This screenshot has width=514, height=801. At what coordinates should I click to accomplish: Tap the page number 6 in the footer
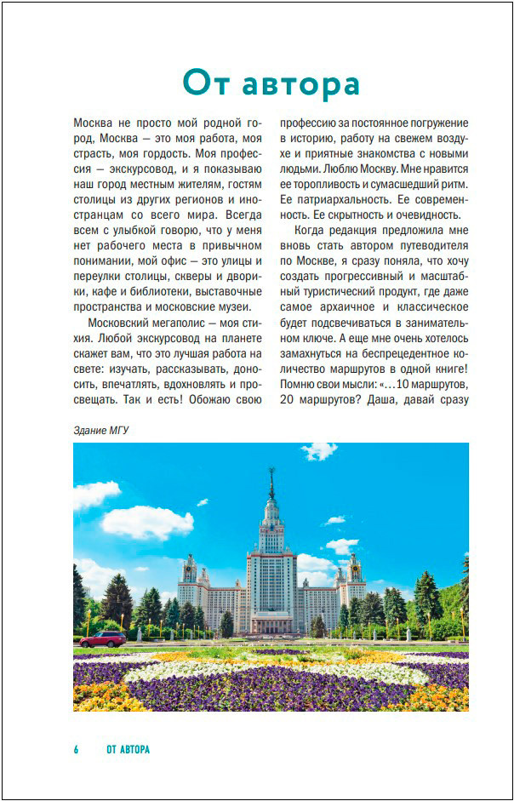(76, 749)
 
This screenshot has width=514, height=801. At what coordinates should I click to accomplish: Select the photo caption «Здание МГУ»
(100, 430)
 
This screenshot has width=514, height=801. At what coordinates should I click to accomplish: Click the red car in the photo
(103, 638)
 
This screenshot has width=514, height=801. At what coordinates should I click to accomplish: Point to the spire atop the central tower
(271, 485)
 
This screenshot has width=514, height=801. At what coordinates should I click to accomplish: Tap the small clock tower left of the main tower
(189, 569)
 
